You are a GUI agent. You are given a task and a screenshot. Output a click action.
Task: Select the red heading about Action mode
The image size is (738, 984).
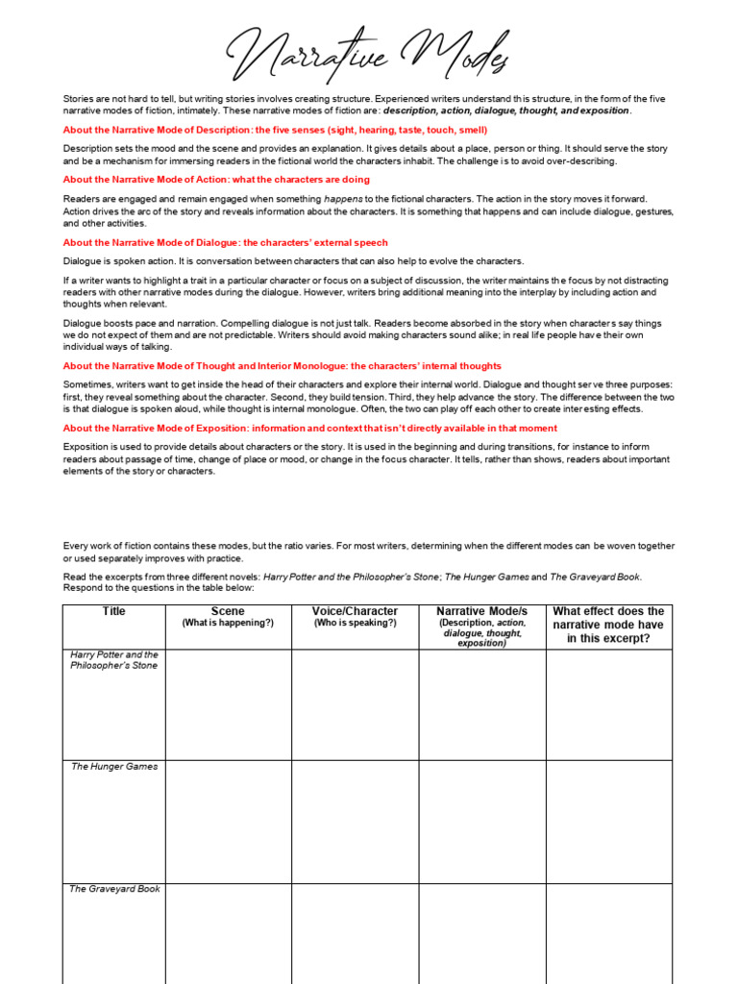click(216, 180)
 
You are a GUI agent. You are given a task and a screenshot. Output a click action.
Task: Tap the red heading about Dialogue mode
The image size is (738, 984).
click(226, 243)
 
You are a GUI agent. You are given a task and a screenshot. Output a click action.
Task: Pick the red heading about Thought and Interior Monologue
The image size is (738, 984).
click(283, 366)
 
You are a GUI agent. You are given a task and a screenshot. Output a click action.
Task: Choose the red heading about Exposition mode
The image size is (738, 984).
click(309, 429)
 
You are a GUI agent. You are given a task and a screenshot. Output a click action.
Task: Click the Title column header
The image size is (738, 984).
click(113, 612)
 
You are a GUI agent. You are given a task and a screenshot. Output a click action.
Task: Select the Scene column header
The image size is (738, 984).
click(228, 612)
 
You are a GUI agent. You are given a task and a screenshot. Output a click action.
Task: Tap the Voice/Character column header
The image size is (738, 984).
click(355, 611)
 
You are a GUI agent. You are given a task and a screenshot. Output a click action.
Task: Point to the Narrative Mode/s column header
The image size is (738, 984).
click(481, 611)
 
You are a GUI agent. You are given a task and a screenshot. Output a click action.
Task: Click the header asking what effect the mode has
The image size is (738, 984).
click(608, 625)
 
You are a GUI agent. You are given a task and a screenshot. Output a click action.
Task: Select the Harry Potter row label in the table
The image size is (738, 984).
click(113, 660)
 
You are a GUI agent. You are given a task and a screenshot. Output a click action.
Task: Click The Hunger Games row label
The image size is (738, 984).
click(113, 767)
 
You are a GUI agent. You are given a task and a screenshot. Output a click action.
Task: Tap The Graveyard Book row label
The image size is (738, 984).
click(113, 889)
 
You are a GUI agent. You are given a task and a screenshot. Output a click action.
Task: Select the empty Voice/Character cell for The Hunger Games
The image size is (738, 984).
click(355, 821)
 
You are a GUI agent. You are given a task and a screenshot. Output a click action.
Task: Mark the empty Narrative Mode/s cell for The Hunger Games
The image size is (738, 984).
click(481, 821)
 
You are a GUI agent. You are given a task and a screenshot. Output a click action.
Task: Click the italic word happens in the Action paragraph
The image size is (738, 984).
click(344, 199)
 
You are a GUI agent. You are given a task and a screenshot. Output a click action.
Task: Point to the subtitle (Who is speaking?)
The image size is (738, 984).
click(355, 623)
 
